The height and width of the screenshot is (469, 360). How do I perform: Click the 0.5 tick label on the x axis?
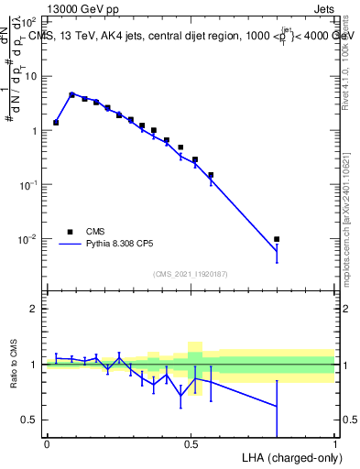coord(191,443)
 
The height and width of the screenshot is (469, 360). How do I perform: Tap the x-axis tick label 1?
coord(335,443)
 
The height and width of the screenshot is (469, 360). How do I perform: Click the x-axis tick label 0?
coord(47,443)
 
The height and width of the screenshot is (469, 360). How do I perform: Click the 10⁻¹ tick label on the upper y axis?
coord(29,184)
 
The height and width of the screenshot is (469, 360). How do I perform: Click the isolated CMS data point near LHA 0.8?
coord(277,239)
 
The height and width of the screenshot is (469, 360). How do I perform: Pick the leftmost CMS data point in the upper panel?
coord(56,122)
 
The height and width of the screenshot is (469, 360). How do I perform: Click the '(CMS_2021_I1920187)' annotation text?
coord(190,273)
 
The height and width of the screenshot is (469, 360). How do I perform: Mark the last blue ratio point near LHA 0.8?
coord(277,406)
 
